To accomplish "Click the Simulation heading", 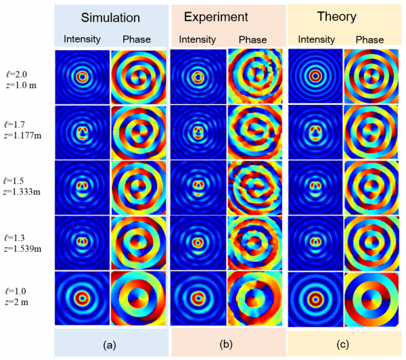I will coord(111,17).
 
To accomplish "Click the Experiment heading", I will coord(227,17).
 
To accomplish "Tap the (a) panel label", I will coord(109,344).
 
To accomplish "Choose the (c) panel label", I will coord(342,344).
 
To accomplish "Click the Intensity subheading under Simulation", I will coord(83,39).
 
